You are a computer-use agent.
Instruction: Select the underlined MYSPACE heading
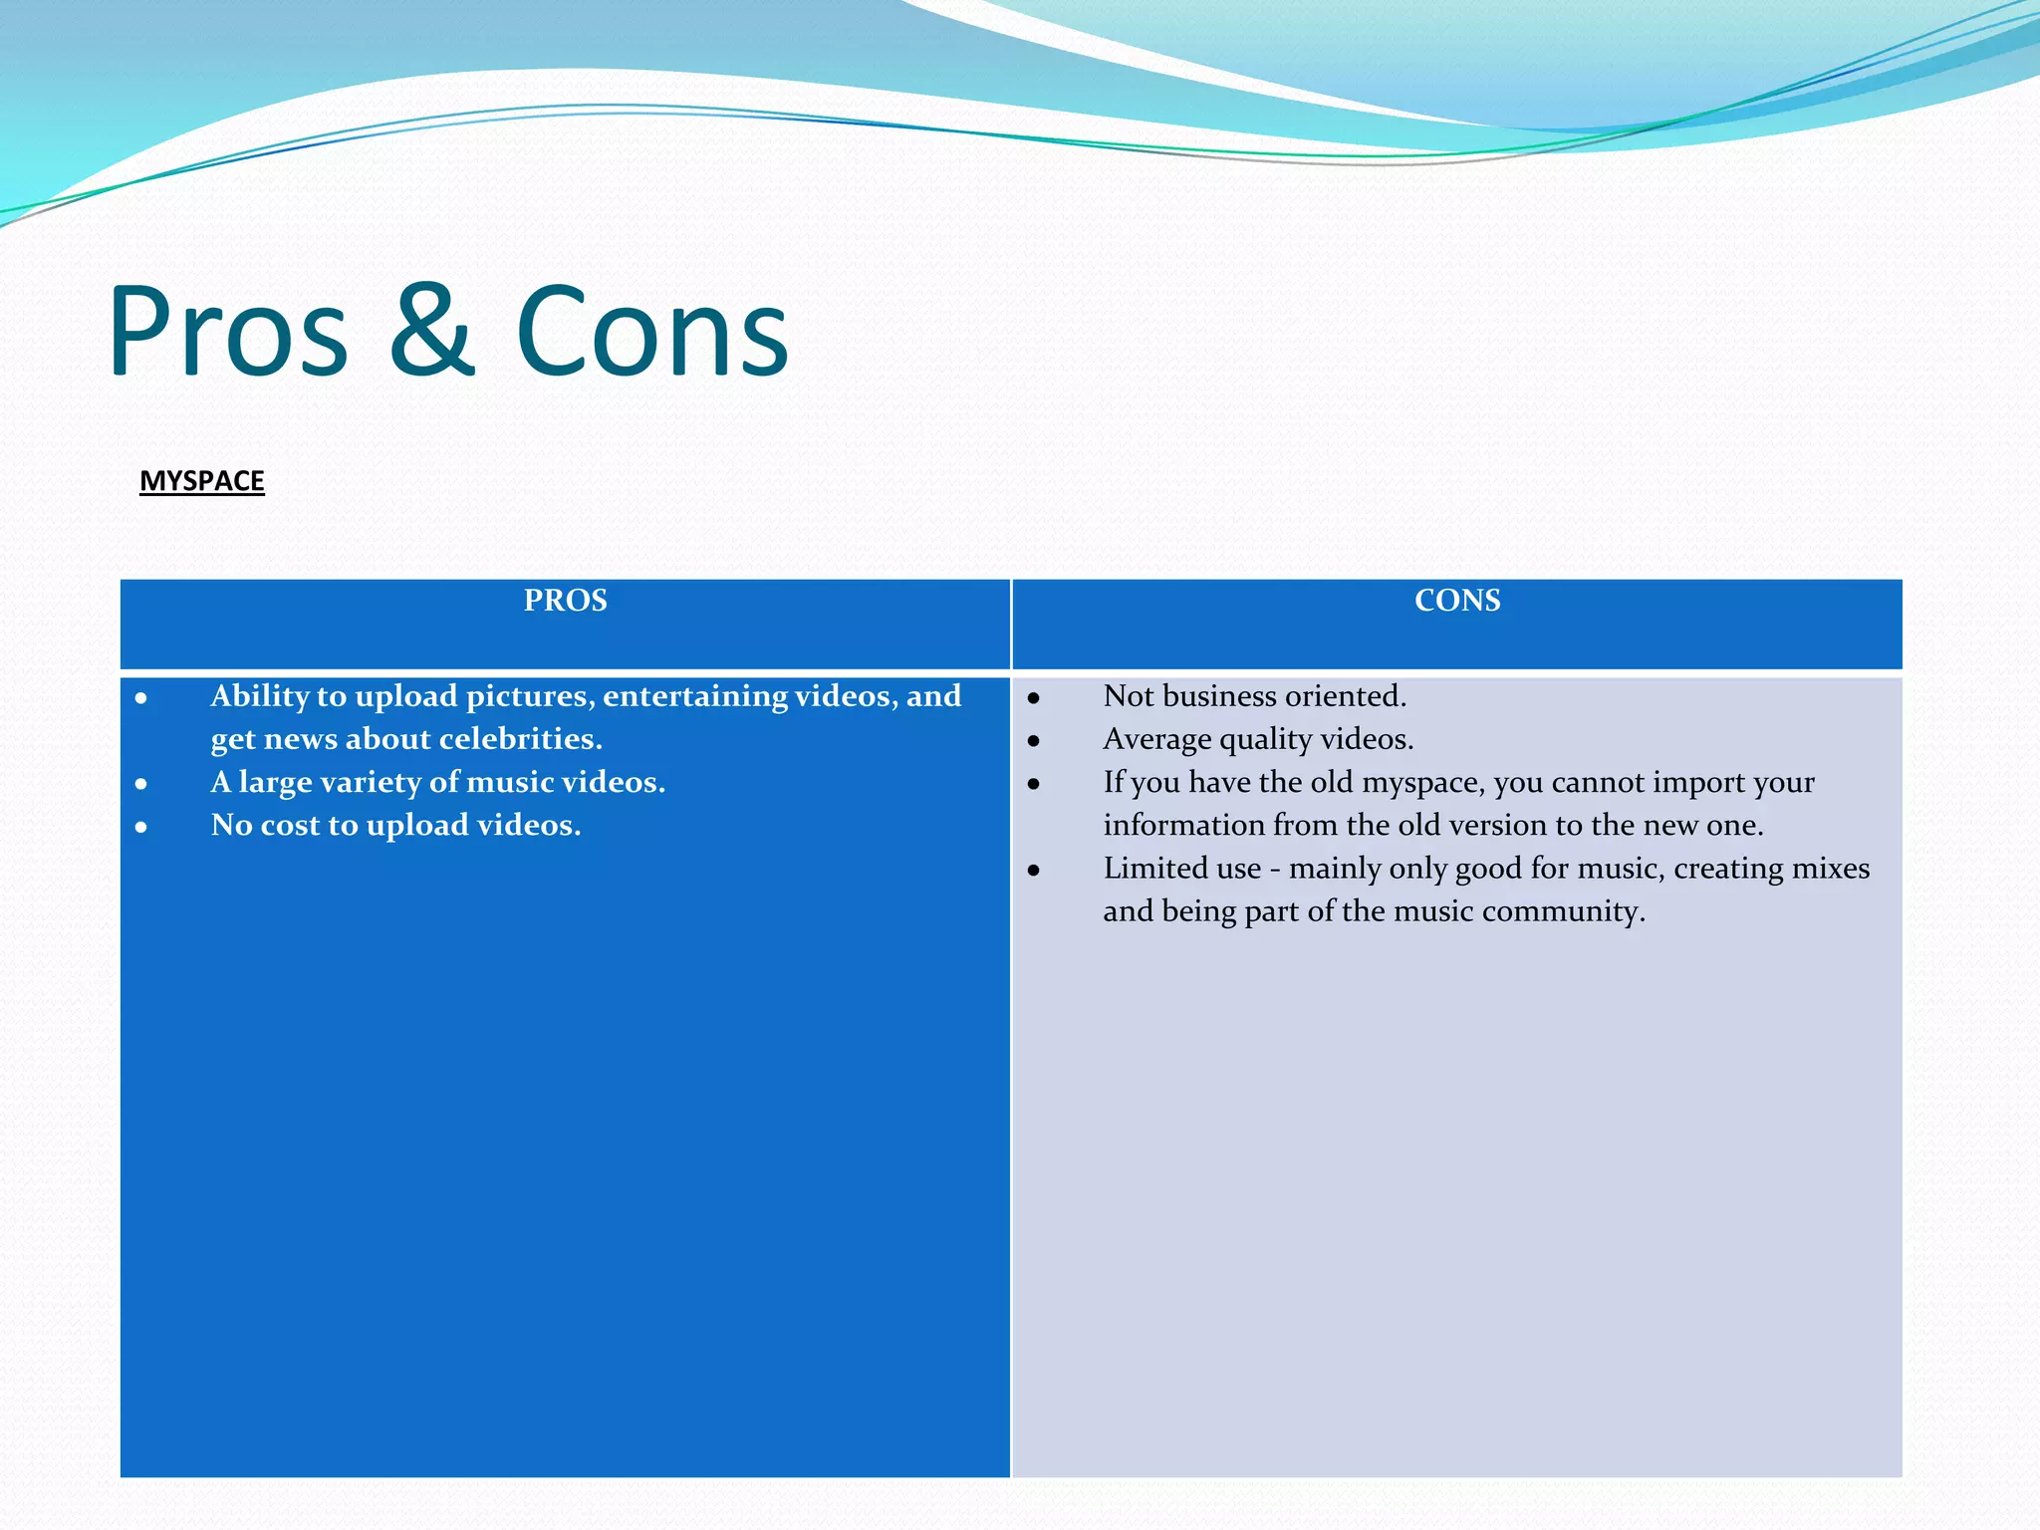202,481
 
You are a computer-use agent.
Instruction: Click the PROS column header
565,601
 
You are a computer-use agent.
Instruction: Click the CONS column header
1456,601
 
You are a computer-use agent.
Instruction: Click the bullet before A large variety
141,784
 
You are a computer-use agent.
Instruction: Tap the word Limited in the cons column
1155,869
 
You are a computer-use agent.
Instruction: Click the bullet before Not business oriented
1034,698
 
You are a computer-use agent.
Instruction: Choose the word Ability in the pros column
259,696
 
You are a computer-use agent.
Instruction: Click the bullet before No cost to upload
141,827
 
